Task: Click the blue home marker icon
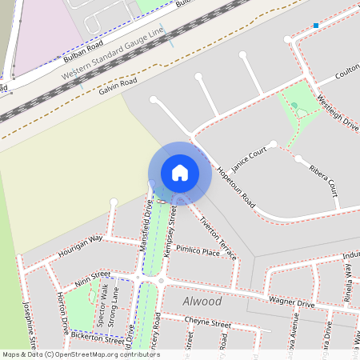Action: (x=180, y=172)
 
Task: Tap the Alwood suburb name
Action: (x=202, y=302)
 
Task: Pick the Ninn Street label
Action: (x=92, y=278)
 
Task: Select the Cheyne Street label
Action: (x=207, y=323)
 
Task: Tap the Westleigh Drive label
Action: (x=338, y=111)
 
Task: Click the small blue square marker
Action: (x=316, y=26)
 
